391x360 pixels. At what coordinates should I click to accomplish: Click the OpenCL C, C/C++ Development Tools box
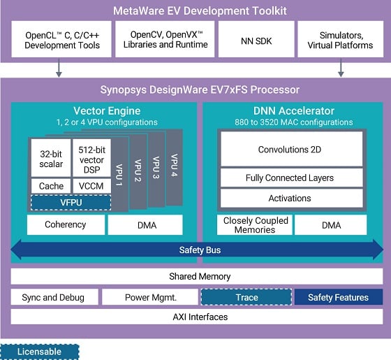[x=62, y=39]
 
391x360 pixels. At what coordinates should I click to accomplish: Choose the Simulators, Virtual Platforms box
[x=340, y=39]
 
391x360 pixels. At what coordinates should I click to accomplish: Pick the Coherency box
[x=65, y=224]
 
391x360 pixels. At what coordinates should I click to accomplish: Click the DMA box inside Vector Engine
[x=145, y=224]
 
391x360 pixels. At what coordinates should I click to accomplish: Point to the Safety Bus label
[x=195, y=250]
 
